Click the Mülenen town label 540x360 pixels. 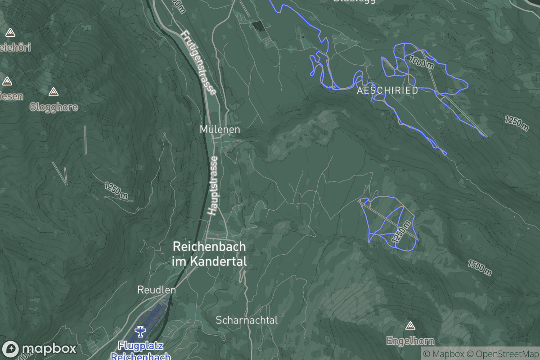[220, 129]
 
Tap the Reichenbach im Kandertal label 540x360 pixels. [209, 254]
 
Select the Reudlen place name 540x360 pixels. [156, 290]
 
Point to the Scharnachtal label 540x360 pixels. [247, 320]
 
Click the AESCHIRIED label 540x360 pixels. [387, 90]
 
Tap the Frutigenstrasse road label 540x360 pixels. [198, 62]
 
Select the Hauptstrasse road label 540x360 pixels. [213, 185]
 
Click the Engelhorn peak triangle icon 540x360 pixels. [409, 326]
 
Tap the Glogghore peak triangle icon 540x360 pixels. [54, 92]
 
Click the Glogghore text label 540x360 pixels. [54, 107]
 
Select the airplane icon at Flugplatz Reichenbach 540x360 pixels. [141, 332]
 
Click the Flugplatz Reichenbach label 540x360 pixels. [141, 351]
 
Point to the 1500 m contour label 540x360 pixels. [479, 267]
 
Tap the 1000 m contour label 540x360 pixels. [422, 62]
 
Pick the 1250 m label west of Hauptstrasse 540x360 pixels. [116, 191]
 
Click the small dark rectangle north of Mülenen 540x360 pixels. [258, 26]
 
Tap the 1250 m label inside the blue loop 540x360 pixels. [401, 233]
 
